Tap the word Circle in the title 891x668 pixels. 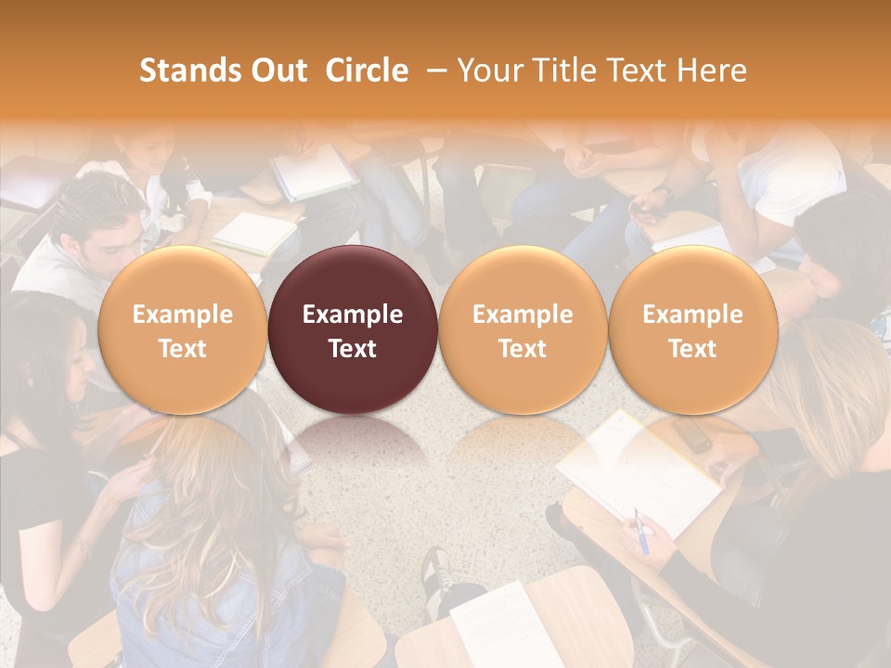(x=367, y=71)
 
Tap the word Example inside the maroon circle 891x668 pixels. (x=353, y=315)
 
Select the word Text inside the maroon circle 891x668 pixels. (x=353, y=349)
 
